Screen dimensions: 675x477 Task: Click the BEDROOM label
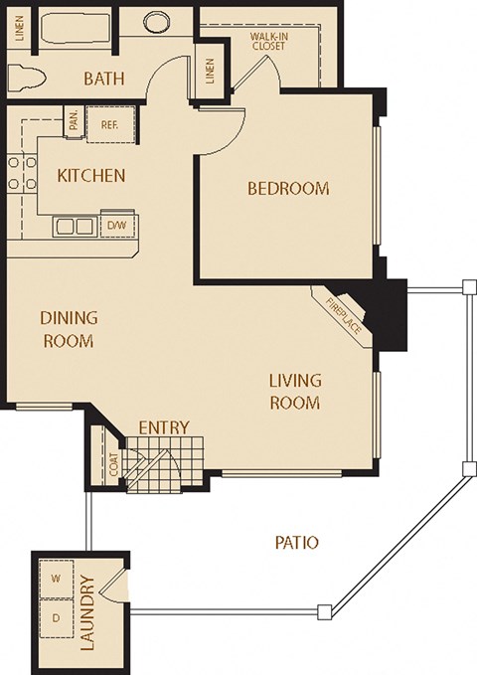[x=287, y=189]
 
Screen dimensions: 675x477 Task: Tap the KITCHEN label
[x=90, y=176]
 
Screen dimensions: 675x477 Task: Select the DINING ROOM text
[x=68, y=330]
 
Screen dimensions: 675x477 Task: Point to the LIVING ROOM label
[x=295, y=392]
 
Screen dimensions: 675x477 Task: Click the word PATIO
[x=296, y=543]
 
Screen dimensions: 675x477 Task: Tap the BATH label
[x=103, y=80]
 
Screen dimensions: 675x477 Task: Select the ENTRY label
[x=163, y=427]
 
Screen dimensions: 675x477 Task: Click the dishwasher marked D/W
[x=116, y=225]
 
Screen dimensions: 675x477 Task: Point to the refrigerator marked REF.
[x=109, y=124]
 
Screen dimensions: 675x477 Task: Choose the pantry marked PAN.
[x=75, y=121]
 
